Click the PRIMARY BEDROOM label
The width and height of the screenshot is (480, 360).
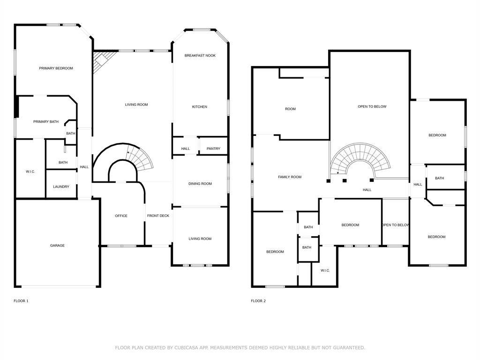point(56,68)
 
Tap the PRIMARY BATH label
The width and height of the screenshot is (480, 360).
point(46,122)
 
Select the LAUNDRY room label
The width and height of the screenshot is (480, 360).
point(61,187)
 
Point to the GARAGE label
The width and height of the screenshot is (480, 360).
point(58,246)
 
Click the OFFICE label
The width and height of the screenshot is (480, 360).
point(121,216)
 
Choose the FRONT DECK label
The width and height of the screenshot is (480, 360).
point(158,216)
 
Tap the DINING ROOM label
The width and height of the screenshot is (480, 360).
point(200,184)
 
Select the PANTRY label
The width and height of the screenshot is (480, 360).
point(213,149)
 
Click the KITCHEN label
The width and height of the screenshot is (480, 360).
point(199,107)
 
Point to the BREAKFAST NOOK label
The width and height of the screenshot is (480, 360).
point(200,56)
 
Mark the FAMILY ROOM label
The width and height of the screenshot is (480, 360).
point(290,177)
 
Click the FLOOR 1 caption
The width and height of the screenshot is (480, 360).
point(21,301)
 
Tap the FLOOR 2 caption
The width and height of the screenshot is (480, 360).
point(258,301)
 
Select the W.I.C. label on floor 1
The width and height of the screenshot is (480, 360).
point(30,172)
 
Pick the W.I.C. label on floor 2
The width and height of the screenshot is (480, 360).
point(325,270)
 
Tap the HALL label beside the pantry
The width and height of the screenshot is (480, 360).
point(186,149)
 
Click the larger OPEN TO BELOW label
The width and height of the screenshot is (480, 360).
point(372,107)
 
